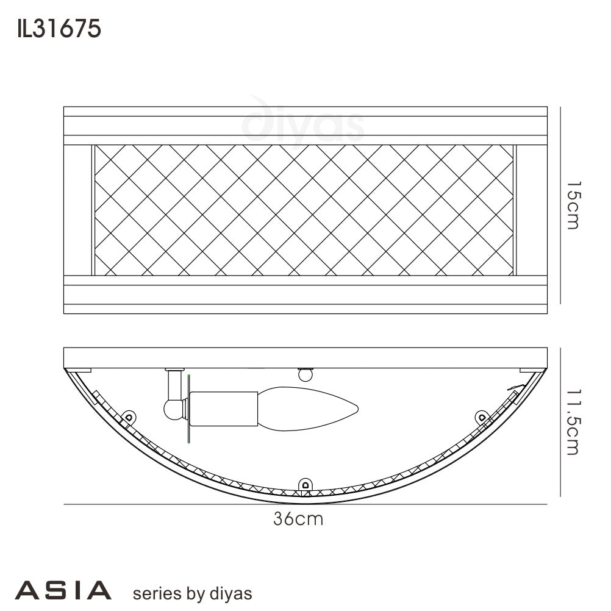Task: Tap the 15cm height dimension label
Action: tap(571, 205)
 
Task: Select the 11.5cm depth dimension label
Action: tap(571, 421)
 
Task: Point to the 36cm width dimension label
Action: tap(298, 520)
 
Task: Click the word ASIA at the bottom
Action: tap(63, 590)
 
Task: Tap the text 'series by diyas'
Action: tap(191, 593)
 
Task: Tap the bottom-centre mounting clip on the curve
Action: tap(305, 485)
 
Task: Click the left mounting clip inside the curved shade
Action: tap(128, 417)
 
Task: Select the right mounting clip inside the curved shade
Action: tap(482, 417)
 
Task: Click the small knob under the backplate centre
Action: tap(304, 375)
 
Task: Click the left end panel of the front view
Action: tap(77, 210)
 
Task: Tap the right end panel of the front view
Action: tap(532, 210)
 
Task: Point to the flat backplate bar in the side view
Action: tap(305, 358)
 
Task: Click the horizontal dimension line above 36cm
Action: tap(305, 504)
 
